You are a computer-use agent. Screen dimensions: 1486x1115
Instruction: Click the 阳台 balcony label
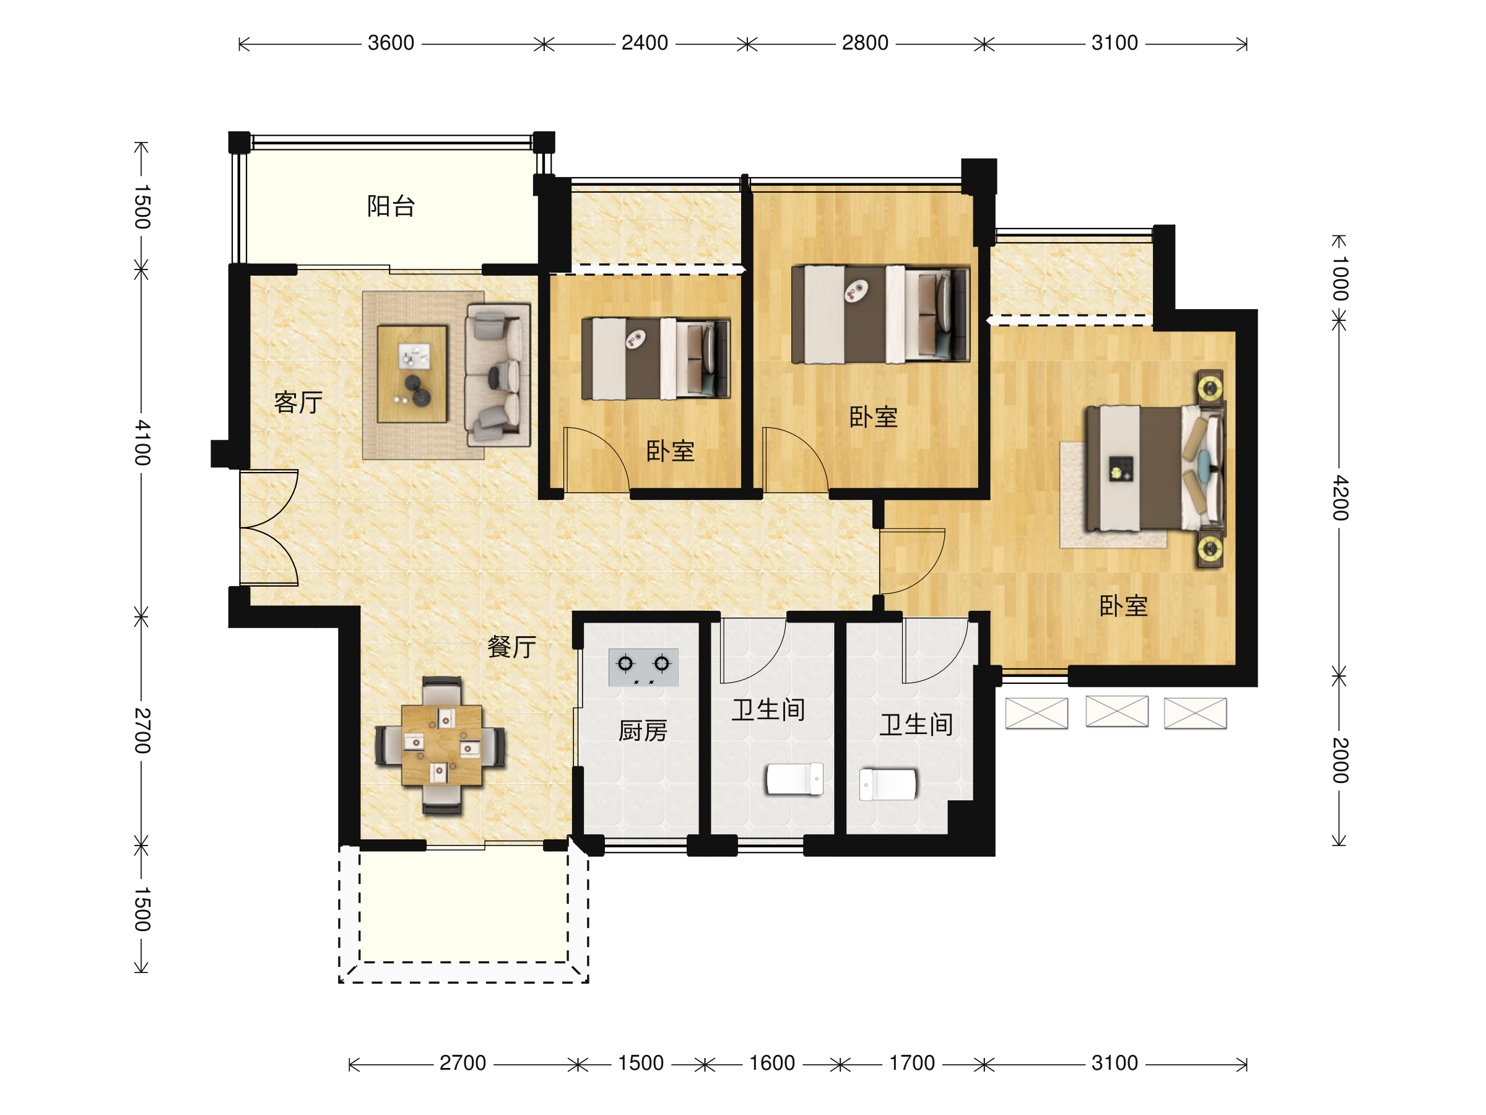tap(391, 206)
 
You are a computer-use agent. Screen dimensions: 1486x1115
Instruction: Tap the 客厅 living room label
tap(298, 402)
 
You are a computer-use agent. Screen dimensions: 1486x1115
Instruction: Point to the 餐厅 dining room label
tap(512, 647)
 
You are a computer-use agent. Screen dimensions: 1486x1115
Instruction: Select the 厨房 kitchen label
tap(643, 730)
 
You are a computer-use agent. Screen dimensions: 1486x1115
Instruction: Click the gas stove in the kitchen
tap(643, 667)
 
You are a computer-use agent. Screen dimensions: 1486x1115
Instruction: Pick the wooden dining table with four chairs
tap(441, 745)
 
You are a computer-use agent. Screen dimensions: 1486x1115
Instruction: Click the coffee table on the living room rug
tap(412, 374)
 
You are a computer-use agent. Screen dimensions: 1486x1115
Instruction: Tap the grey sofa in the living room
tap(498, 375)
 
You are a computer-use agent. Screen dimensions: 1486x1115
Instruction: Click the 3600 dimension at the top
tap(391, 43)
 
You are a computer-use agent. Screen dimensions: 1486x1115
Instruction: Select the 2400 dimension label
tap(645, 43)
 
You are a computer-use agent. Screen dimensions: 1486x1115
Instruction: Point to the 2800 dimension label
tap(865, 43)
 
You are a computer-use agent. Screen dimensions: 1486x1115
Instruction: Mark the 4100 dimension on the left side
tap(142, 443)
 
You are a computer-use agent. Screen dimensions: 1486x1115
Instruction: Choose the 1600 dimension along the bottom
tap(772, 1063)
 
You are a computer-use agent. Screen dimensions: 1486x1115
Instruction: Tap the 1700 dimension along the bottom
tap(911, 1063)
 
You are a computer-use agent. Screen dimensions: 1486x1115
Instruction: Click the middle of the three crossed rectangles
tap(1116, 711)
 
